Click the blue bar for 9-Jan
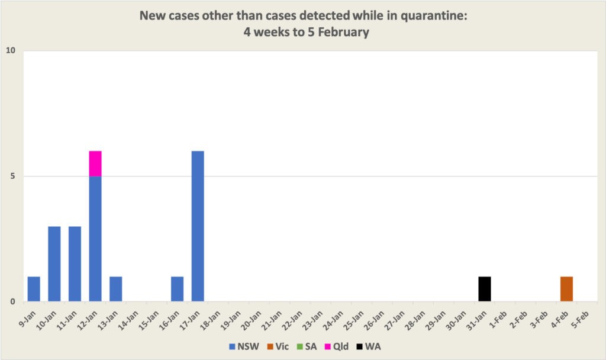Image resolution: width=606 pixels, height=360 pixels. click(x=34, y=289)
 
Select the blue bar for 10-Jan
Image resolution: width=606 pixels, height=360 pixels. click(x=54, y=264)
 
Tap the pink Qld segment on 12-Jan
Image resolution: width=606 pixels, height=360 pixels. click(x=95, y=163)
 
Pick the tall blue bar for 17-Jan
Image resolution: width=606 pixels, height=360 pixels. click(x=198, y=226)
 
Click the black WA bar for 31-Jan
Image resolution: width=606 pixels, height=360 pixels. click(x=485, y=289)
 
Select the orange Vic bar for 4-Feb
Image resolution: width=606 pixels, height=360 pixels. click(x=566, y=289)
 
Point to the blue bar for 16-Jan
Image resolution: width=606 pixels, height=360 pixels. click(x=177, y=289)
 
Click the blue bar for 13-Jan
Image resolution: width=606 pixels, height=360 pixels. click(x=115, y=289)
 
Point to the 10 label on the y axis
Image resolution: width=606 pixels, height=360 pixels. click(x=11, y=51)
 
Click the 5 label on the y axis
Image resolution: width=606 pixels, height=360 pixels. click(x=13, y=176)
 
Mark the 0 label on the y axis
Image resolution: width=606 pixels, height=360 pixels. click(x=13, y=302)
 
